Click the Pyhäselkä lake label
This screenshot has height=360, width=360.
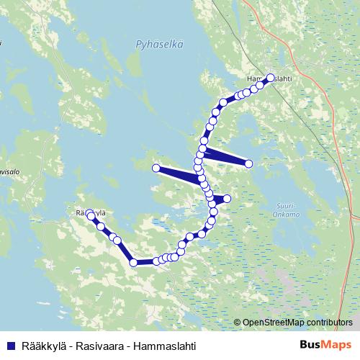(x=159, y=44)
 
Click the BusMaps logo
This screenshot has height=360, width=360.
(x=325, y=345)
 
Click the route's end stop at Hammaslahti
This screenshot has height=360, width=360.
(x=271, y=78)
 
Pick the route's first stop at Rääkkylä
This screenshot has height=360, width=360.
(x=91, y=215)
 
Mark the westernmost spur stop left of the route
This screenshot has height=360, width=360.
(x=156, y=168)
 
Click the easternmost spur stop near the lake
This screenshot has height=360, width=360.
(x=249, y=164)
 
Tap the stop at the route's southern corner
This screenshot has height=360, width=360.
(x=134, y=263)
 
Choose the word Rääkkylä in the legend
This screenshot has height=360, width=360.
(x=42, y=346)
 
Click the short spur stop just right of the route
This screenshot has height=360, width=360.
(x=227, y=199)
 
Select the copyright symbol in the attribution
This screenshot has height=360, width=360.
(x=238, y=323)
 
